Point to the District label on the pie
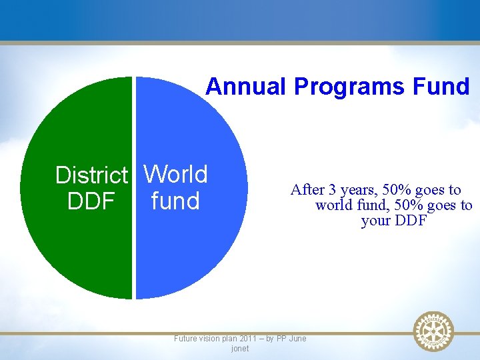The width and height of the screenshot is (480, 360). (x=91, y=175)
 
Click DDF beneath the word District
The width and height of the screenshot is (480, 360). (x=91, y=201)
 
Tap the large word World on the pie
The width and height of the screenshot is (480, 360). (x=176, y=174)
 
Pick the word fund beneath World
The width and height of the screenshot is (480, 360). (x=175, y=201)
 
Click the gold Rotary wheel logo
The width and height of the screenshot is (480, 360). (x=433, y=331)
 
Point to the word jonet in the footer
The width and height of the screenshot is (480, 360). (x=239, y=349)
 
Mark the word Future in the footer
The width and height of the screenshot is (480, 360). (x=185, y=339)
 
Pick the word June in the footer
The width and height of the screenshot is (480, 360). (x=297, y=339)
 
